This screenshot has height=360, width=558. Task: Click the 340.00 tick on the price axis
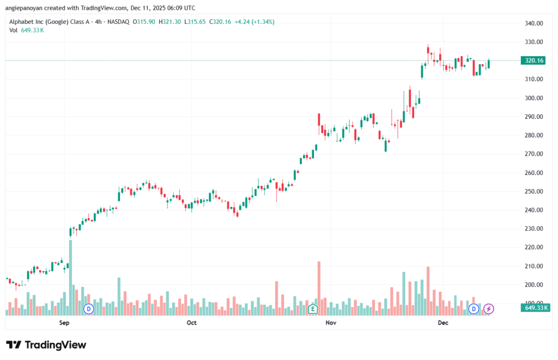(534, 23)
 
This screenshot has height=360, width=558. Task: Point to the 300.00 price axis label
(534, 98)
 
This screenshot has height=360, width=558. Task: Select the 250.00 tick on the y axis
(534, 191)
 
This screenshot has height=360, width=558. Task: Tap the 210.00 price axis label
(534, 266)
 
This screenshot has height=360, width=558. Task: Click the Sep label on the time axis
(64, 323)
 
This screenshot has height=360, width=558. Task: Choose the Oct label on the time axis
(191, 323)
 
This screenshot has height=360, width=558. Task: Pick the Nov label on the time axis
(330, 323)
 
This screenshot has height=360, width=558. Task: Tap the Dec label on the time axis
(442, 323)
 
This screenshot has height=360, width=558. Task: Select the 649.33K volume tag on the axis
(533, 308)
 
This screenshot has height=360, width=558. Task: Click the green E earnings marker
(313, 309)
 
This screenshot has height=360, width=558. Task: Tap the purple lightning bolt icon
(489, 309)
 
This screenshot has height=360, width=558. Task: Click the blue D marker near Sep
(88, 309)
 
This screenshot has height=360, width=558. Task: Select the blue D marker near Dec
(474, 309)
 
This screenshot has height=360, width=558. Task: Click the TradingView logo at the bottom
(46, 345)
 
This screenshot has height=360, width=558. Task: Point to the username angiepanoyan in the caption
(26, 8)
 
